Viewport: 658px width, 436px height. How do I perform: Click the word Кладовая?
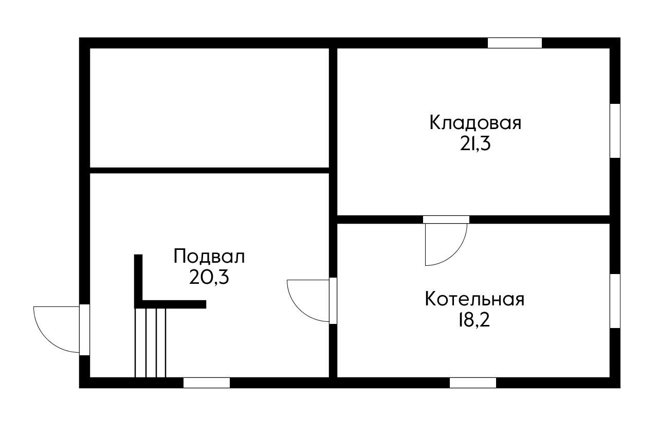click(475, 123)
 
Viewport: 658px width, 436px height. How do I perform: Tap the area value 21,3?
click(475, 144)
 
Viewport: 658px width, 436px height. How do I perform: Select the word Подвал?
click(209, 256)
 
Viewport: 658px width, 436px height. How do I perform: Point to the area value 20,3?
click(209, 278)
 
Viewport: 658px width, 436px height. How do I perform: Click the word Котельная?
click(474, 299)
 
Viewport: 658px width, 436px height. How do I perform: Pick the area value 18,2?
click(474, 320)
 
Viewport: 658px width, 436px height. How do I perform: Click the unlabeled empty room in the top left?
click(209, 107)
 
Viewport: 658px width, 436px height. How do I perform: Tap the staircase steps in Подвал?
click(151, 342)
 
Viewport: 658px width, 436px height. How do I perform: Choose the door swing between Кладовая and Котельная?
click(445, 244)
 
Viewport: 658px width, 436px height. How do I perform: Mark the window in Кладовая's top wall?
click(515, 43)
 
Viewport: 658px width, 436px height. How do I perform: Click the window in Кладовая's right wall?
click(615, 131)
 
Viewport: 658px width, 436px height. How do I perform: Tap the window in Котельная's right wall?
click(615, 301)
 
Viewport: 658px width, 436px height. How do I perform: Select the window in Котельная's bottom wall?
click(473, 383)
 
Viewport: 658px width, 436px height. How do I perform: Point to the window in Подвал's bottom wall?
click(207, 383)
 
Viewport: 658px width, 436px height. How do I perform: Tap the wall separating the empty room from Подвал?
click(209, 170)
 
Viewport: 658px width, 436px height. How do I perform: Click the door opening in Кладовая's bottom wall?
click(446, 220)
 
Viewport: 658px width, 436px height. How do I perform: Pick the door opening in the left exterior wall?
click(85, 329)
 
